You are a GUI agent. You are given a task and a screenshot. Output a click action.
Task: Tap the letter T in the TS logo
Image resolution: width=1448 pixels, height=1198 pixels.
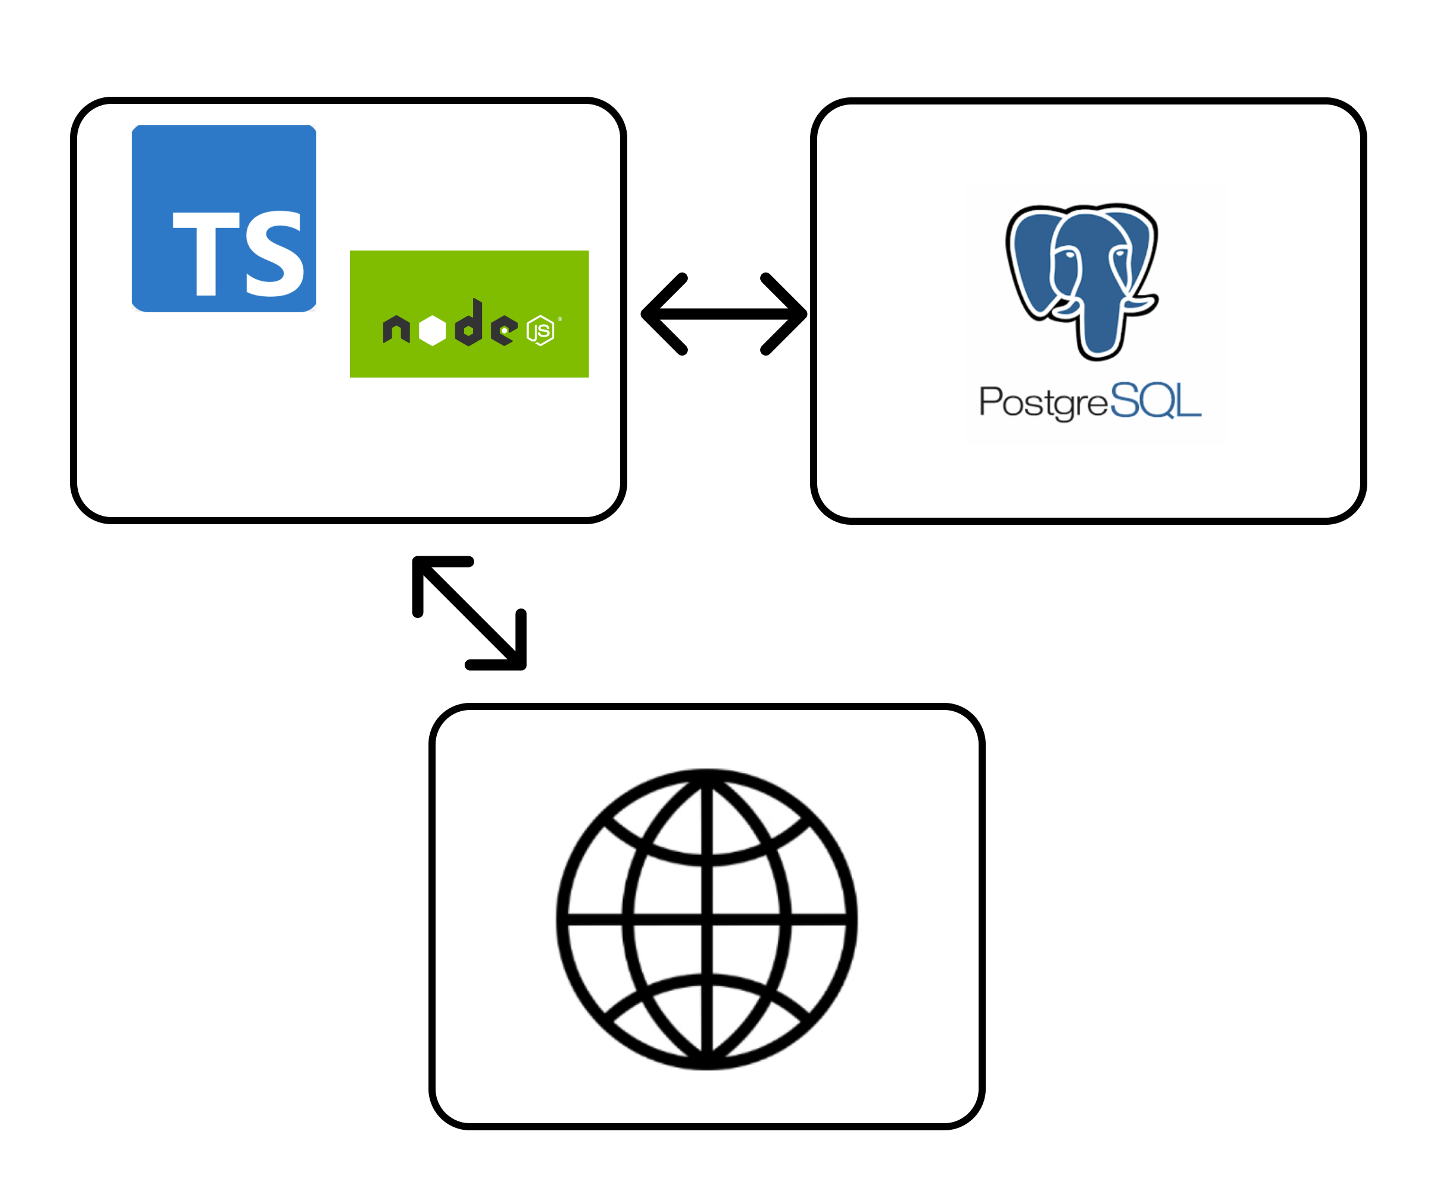[205, 252]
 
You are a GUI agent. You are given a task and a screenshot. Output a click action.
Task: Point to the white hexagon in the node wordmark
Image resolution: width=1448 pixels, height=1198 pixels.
[433, 330]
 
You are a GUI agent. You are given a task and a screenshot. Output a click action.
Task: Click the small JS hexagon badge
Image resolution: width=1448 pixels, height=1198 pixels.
[541, 330]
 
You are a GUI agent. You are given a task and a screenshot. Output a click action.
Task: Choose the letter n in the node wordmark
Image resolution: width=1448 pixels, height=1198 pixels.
[396, 329]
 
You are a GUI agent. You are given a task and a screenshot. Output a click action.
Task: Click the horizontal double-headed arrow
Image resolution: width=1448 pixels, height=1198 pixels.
[723, 314]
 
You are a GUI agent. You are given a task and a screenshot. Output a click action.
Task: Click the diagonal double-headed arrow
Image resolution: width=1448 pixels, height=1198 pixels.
[469, 613]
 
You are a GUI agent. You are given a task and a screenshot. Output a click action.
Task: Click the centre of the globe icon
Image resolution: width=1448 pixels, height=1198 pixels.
[706, 918]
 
